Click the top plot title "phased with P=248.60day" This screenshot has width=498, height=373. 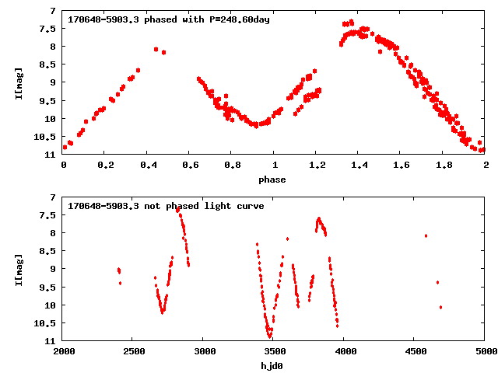tap(207, 19)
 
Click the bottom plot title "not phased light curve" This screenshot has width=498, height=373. tap(204, 206)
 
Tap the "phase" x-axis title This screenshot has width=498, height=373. tap(272, 180)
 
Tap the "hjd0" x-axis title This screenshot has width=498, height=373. tap(272, 366)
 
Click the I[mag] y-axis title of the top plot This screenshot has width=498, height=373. tap(19, 83)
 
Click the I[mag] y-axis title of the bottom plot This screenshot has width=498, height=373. tap(19, 270)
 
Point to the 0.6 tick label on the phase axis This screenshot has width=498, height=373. tap(191, 165)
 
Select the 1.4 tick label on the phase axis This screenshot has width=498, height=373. tap(359, 165)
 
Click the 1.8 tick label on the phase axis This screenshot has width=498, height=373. tap(444, 165)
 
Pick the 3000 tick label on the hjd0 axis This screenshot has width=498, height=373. tap(205, 351)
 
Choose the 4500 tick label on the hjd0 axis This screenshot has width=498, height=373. tap(416, 351)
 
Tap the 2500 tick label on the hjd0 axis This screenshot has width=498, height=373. tap(135, 351)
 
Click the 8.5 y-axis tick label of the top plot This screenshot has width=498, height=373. tap(47, 64)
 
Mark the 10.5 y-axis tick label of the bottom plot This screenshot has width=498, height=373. tap(45, 323)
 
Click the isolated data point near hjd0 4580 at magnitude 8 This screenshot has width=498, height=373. tap(426, 235)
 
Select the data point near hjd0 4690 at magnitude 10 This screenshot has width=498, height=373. tap(440, 307)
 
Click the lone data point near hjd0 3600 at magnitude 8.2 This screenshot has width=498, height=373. tap(287, 239)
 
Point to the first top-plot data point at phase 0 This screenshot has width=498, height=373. tap(65, 147)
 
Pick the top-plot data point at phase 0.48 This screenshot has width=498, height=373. tap(163, 52)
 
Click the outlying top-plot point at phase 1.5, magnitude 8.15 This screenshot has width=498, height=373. tap(381, 51)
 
